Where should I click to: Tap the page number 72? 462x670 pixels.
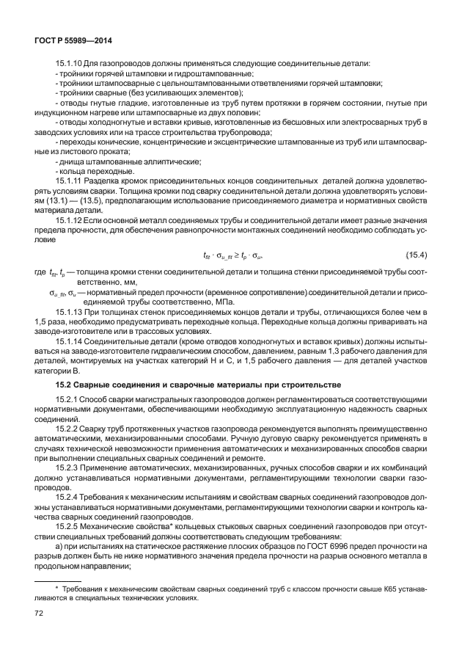[x=40, y=613]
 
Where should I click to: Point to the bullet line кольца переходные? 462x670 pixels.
[x=98, y=170]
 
